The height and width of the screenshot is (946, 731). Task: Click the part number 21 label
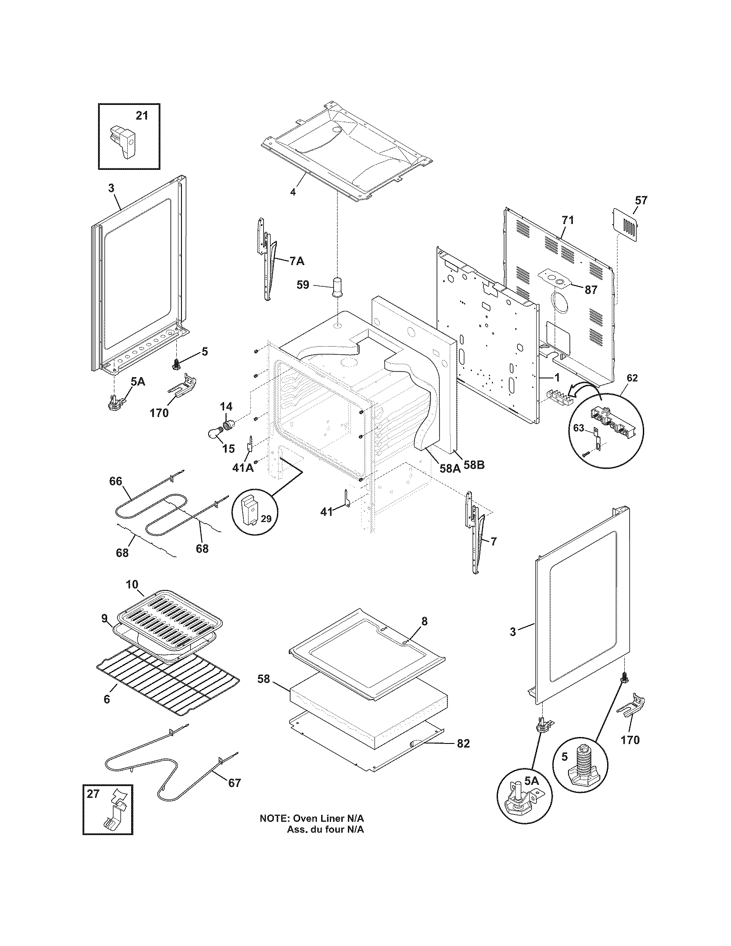coord(141,116)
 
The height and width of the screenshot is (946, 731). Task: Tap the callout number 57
coord(641,200)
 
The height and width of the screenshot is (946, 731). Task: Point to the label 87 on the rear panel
coord(591,290)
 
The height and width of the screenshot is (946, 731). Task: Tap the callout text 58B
coord(474,466)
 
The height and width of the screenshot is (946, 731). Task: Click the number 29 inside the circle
coord(266,519)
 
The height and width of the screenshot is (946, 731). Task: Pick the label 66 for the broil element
coord(116,481)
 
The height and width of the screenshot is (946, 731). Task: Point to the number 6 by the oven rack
coord(107,699)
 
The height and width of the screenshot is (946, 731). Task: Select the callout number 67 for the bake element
coord(234,783)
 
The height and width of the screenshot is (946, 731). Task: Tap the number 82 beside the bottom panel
coord(463,743)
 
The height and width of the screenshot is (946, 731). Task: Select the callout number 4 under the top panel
coord(293,191)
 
